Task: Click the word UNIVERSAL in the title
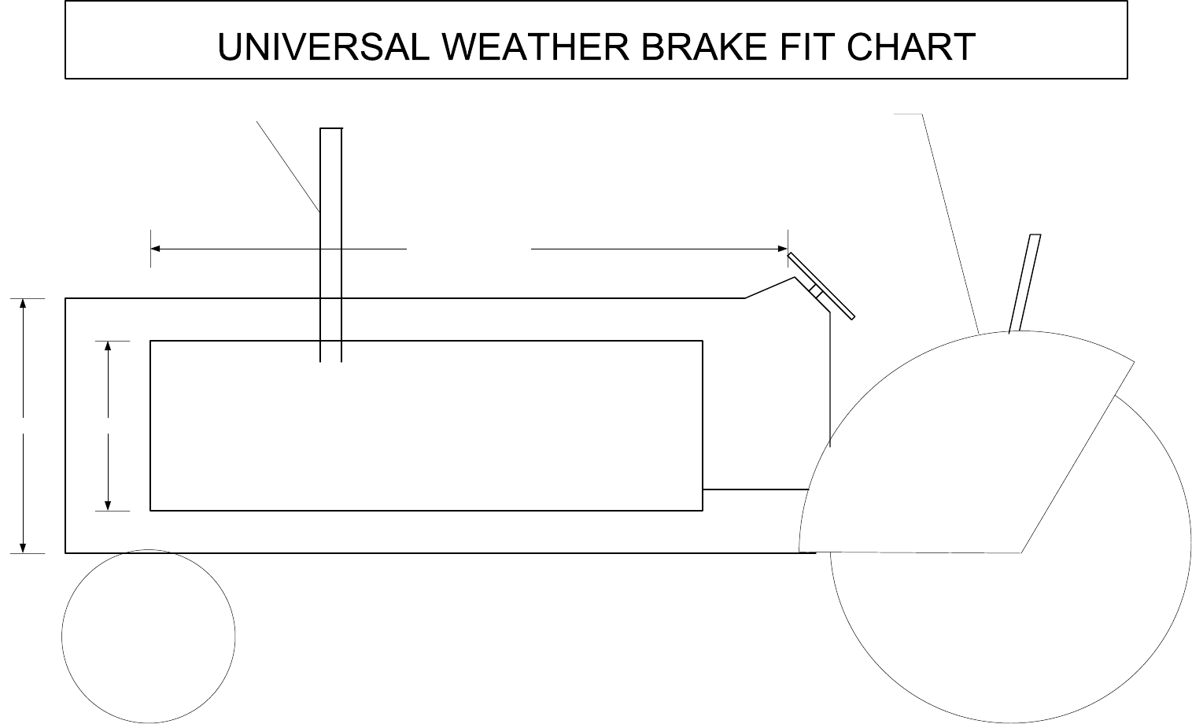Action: click(x=323, y=47)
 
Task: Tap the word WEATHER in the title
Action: click(x=535, y=47)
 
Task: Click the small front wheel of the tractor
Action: click(x=149, y=636)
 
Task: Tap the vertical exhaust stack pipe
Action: click(x=331, y=236)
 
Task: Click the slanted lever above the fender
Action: click(x=1024, y=283)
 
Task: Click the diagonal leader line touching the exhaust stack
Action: click(x=288, y=166)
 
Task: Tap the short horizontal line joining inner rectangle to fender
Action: click(x=755, y=489)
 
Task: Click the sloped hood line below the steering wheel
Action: click(x=767, y=288)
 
